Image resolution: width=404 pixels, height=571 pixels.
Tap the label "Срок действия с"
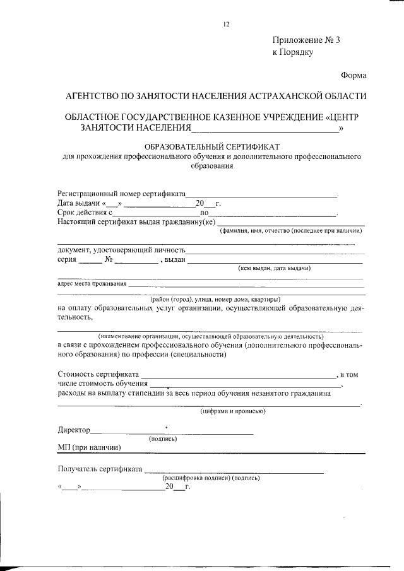pyautogui.click(x=85, y=213)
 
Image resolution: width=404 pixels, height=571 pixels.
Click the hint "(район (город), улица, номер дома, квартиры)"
pyautogui.click(x=215, y=298)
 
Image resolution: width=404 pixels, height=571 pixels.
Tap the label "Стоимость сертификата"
pyautogui.click(x=97, y=375)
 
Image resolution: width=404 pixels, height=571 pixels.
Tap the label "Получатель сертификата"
pyautogui.click(x=100, y=469)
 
